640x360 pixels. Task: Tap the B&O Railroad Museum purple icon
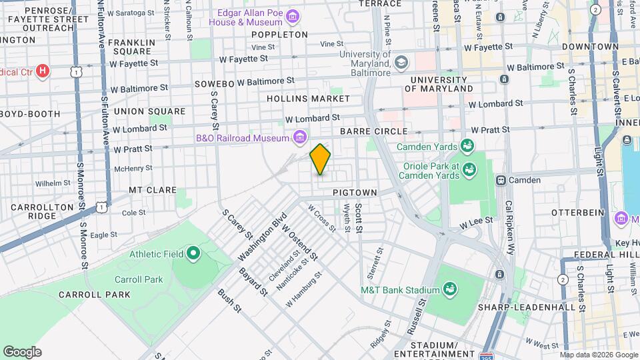point(300,138)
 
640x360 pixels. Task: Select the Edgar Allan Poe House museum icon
point(292,15)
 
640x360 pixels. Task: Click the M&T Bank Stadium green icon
point(450,289)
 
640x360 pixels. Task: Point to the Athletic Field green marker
point(193,253)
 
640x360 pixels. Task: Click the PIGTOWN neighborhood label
point(355,193)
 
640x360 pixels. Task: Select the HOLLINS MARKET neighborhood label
point(308,99)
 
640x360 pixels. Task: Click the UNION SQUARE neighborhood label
point(149,111)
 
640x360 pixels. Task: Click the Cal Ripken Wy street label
point(510,227)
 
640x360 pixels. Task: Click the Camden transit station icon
point(501,180)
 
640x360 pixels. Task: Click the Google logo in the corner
point(22,352)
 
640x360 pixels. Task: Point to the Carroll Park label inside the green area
point(139,279)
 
